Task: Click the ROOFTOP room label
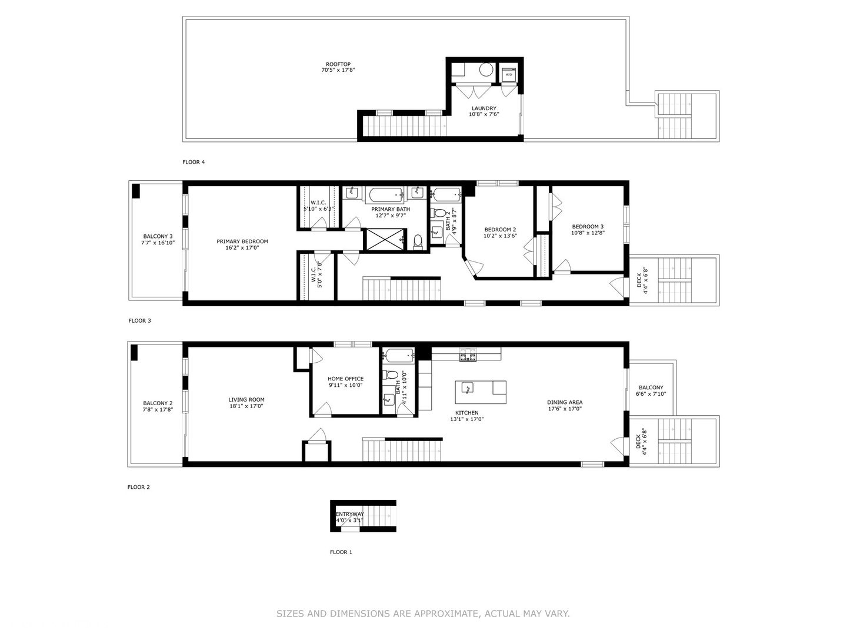338,64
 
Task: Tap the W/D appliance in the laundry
509,75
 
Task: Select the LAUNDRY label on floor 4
483,108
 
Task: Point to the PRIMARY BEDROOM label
242,241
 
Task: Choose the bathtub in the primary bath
385,194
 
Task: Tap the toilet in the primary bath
418,241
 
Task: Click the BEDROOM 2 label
500,230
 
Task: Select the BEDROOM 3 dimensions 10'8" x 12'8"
588,233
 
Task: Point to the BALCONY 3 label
158,236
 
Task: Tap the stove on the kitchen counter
468,355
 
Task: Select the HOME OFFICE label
345,379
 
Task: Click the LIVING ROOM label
246,400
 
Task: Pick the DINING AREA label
565,403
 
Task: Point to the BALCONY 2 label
158,403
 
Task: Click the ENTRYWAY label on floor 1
350,514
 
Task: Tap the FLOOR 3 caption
140,321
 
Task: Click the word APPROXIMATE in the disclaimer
448,614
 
